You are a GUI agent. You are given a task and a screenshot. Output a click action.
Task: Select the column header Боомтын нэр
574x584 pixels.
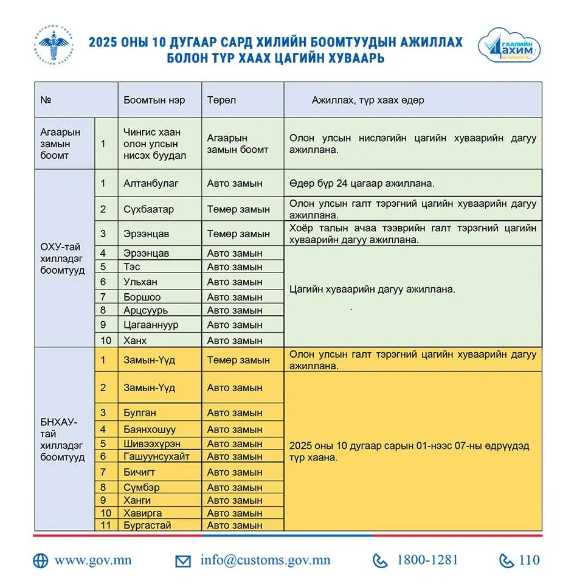tap(154, 100)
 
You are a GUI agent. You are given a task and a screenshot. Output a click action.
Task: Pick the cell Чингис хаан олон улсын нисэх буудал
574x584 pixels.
tap(152, 144)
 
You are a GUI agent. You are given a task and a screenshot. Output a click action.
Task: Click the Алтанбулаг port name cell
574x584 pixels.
tap(151, 182)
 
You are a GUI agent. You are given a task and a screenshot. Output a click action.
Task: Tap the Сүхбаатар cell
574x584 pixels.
tap(148, 209)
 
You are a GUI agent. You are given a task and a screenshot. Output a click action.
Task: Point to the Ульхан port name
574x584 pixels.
tap(141, 282)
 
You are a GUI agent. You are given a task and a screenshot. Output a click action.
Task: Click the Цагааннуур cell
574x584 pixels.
tap(151, 325)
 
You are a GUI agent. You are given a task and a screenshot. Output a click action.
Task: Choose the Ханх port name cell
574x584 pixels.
tap(135, 340)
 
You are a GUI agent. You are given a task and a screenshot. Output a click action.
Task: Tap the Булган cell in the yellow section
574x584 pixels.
tap(139, 412)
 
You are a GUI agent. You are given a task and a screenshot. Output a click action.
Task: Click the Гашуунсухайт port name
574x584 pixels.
tap(156, 456)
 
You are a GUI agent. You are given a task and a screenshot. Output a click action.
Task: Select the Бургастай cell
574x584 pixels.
tap(147, 525)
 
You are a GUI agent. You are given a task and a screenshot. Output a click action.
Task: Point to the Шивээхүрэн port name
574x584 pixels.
tap(151, 443)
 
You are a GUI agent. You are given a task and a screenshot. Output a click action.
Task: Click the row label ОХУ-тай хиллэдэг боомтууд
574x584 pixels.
tap(61, 259)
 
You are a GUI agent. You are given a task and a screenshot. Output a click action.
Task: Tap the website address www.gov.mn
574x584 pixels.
tap(92, 560)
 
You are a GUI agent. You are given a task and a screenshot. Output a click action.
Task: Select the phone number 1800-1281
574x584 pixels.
tap(427, 560)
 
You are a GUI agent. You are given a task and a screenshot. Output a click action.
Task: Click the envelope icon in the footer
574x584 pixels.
tap(182, 561)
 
